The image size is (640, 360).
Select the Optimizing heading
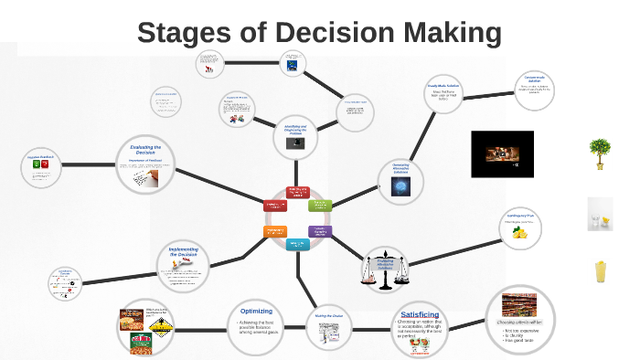point(256,311)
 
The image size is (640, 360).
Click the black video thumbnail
point(501,154)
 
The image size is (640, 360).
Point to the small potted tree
point(601,154)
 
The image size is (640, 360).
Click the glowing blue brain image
point(400,185)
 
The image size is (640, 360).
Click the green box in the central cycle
point(321,205)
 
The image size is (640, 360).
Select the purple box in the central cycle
point(320,231)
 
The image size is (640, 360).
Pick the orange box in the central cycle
point(276,231)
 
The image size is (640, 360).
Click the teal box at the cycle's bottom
point(298,244)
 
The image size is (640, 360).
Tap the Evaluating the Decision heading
point(146,150)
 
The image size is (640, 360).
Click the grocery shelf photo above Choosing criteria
point(518,305)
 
